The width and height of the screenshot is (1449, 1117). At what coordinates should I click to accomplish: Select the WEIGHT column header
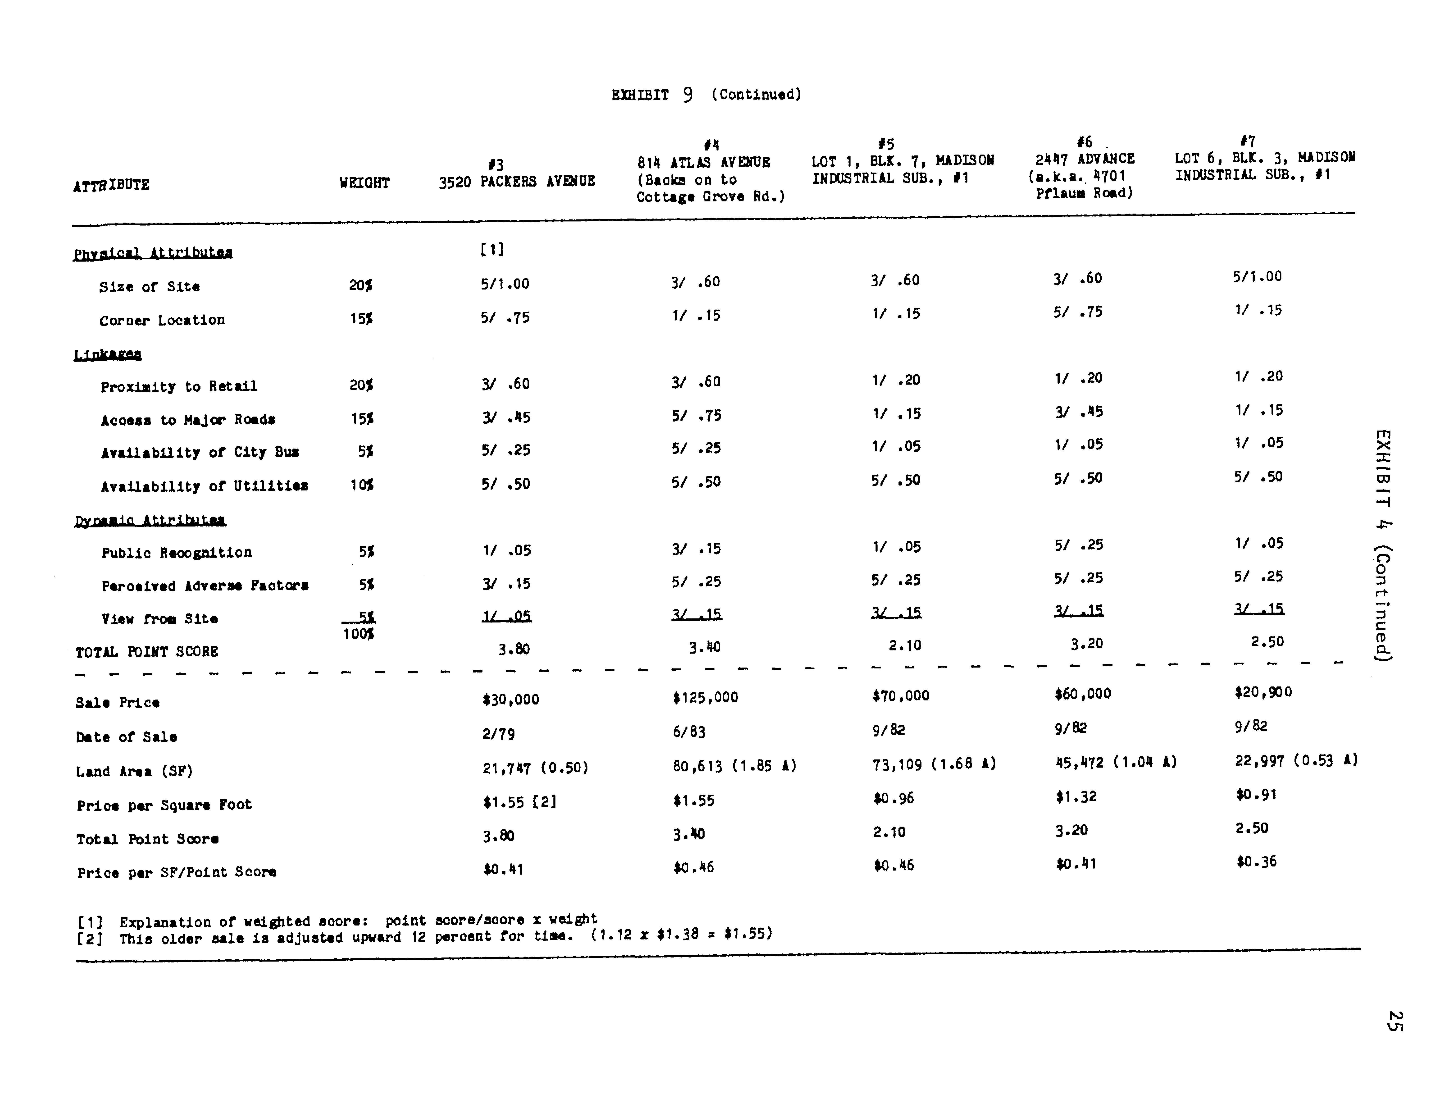pos(364,183)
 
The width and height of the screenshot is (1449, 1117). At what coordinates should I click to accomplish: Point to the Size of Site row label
pos(149,287)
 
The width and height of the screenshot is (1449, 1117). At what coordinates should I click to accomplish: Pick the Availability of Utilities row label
pos(204,486)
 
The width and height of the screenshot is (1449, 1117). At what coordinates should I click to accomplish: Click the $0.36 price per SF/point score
pos(1256,862)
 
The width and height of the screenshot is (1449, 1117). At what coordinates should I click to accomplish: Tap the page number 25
pos(1394,1021)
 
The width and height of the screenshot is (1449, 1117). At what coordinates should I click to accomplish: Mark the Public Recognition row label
pos(177,553)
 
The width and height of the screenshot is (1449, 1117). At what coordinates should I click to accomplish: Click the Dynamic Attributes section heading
pos(150,521)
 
